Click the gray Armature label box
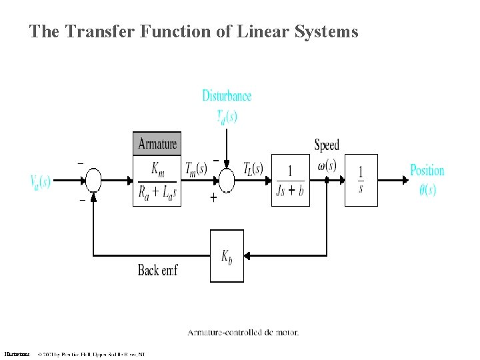157,143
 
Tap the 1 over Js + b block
291,180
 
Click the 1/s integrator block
361,180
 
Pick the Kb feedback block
227,256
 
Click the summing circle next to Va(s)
93,180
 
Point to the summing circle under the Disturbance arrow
227,180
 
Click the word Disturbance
227,95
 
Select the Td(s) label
227,117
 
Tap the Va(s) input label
40,181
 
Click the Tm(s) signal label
196,168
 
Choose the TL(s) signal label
253,168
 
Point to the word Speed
327,145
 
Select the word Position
427,170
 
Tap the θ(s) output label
427,189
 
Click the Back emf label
157,270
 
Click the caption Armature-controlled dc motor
243,332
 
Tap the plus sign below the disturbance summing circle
213,198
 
